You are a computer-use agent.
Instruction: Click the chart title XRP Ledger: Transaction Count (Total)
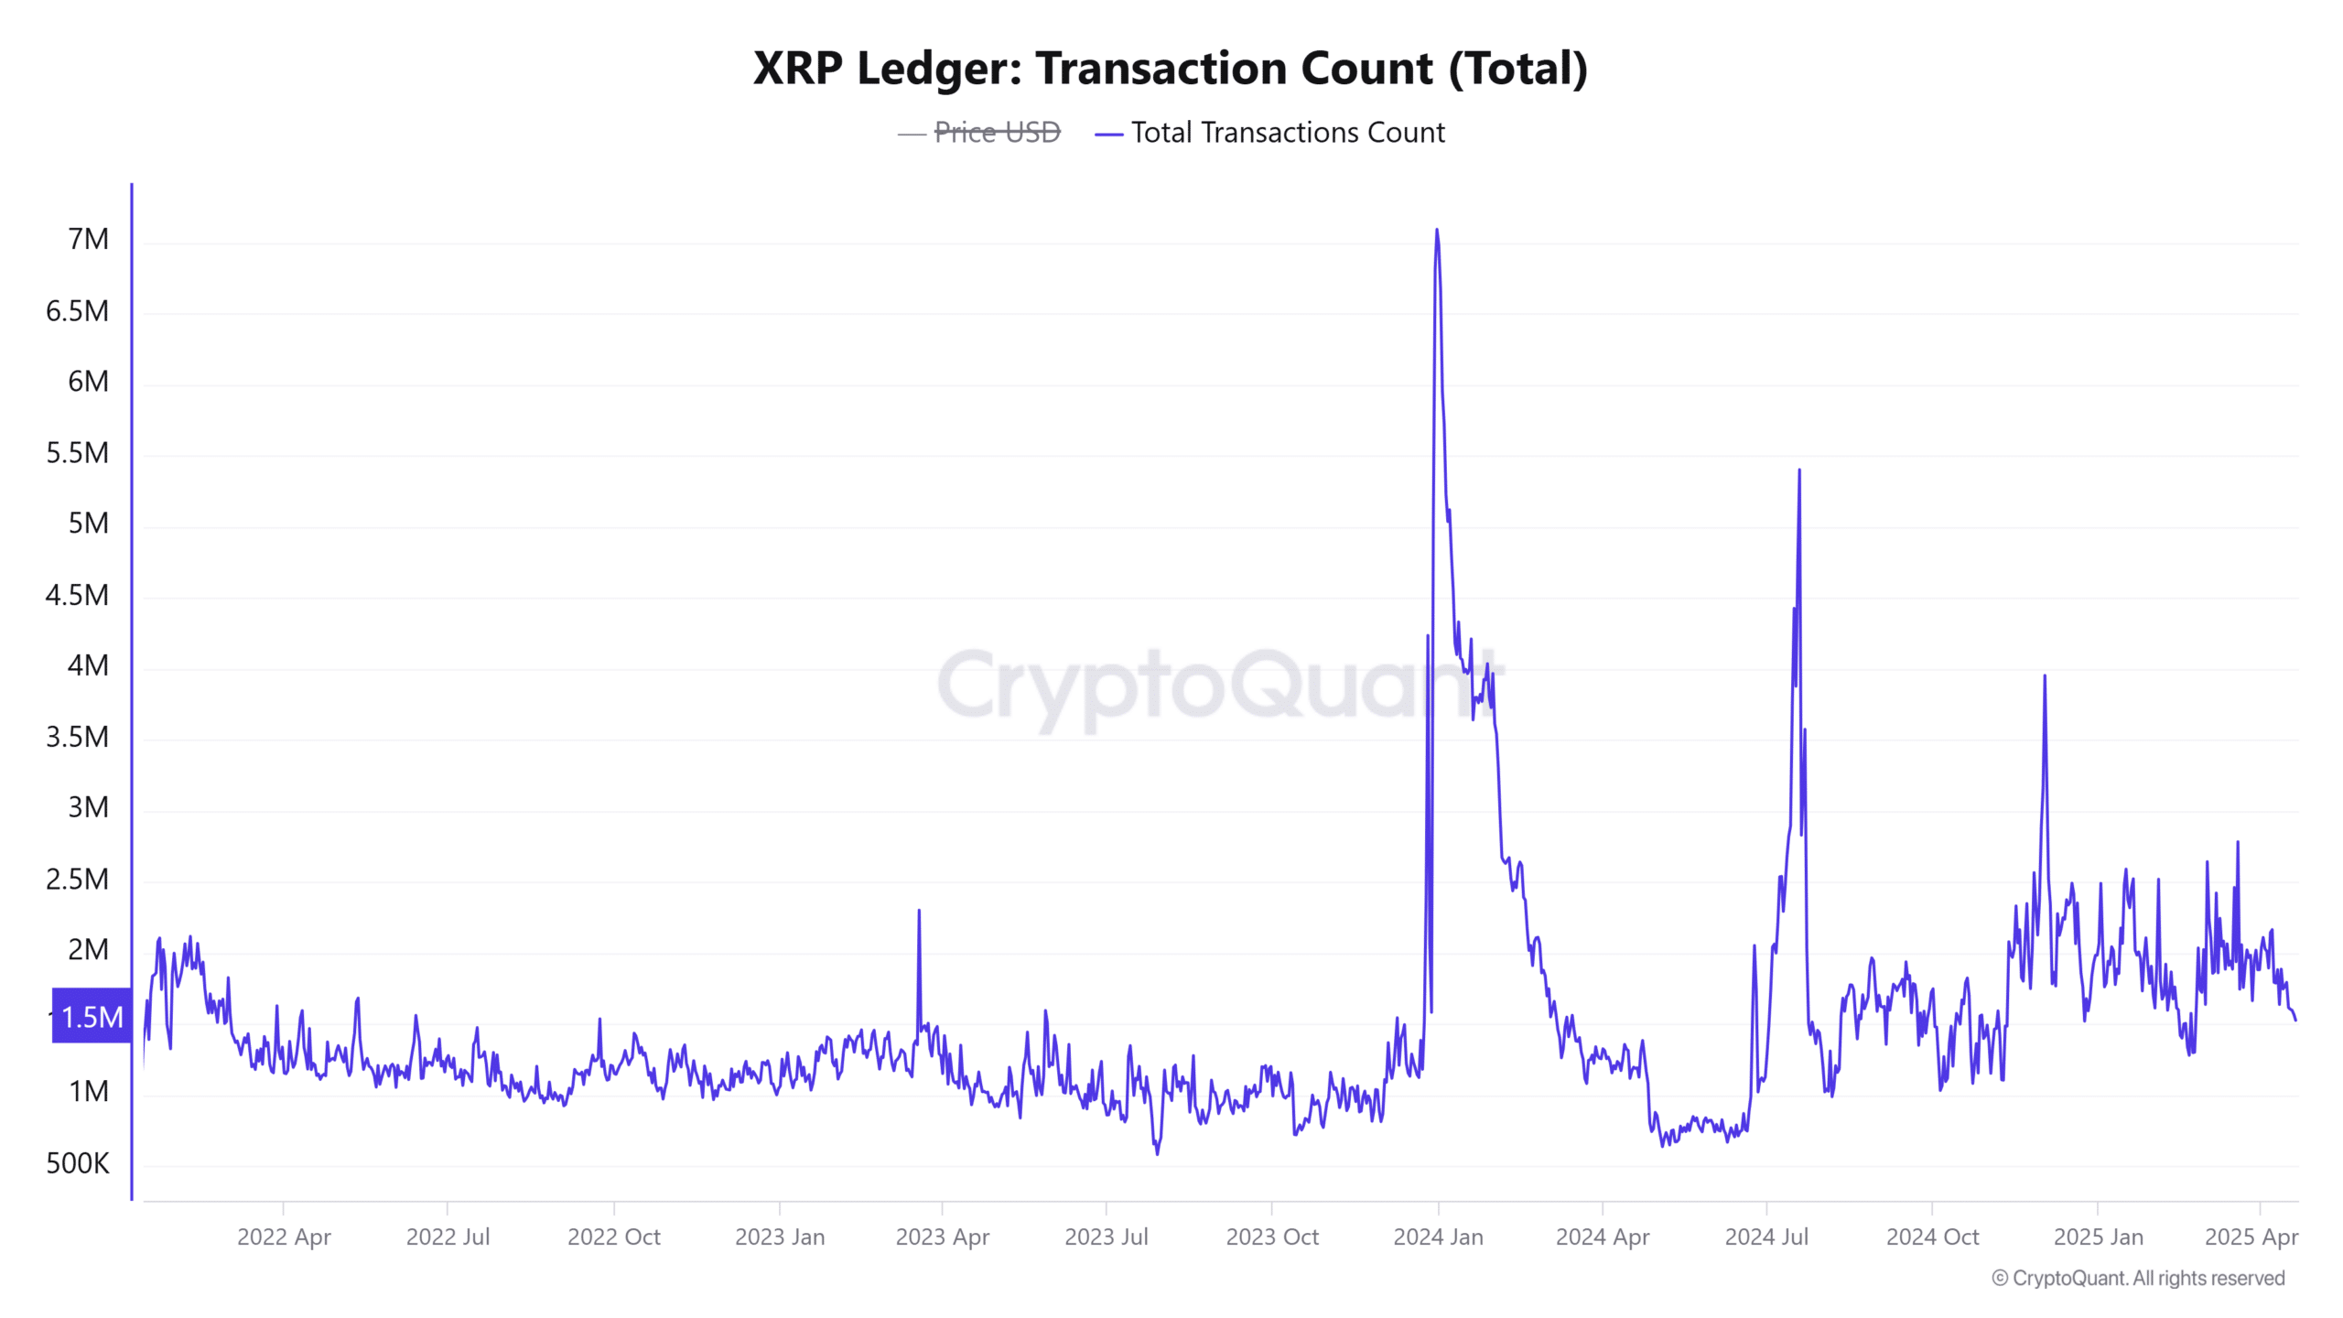(x=1170, y=69)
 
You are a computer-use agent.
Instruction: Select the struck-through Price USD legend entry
(x=996, y=133)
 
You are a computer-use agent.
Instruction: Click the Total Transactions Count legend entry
(x=1287, y=133)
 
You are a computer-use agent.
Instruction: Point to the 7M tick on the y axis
(x=88, y=240)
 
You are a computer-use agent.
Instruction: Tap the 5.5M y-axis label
(x=78, y=453)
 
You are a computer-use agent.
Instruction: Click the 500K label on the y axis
(x=78, y=1163)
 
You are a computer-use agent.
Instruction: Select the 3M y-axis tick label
(x=88, y=807)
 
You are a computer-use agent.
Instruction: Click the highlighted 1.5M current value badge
(x=92, y=1016)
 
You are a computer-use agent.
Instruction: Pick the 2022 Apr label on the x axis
(x=284, y=1237)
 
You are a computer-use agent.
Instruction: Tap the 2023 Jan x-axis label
(x=780, y=1237)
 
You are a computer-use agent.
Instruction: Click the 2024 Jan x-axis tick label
(x=1438, y=1237)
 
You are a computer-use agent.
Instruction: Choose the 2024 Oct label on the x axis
(x=1932, y=1237)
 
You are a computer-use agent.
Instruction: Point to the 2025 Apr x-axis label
(x=2251, y=1237)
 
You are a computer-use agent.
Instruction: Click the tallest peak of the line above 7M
(x=1437, y=230)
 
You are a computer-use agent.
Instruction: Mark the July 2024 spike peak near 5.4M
(x=1799, y=470)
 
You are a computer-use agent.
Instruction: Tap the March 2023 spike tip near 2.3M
(x=919, y=911)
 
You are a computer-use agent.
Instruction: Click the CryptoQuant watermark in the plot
(x=1217, y=686)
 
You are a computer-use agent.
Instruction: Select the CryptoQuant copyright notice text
(x=2138, y=1278)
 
